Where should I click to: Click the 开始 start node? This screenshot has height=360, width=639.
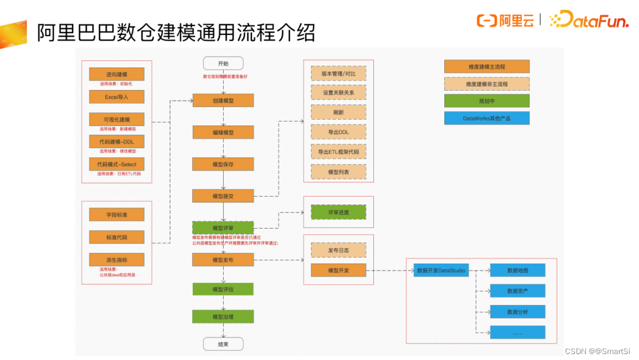223,63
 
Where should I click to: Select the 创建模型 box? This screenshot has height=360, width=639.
223,101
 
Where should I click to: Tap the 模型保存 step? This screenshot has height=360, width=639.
223,164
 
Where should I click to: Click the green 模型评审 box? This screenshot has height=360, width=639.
223,228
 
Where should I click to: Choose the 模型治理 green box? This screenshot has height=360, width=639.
223,317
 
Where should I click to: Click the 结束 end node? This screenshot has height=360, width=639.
223,344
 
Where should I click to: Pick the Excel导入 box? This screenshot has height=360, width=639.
117,97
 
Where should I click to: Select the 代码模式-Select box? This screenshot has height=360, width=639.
117,164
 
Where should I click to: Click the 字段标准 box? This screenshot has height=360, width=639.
117,214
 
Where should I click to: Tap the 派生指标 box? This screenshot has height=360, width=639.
117,259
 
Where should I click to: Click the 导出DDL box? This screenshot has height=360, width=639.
338,131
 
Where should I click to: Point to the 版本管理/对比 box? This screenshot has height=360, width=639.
338,73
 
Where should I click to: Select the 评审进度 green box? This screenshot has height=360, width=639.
338,212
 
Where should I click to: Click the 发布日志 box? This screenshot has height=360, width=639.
338,250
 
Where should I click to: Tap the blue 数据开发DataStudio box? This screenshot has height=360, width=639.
441,271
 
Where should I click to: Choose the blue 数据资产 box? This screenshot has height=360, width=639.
517,291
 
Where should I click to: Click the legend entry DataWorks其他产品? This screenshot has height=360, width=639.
486,118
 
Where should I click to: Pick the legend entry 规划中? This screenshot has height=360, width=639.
486,101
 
